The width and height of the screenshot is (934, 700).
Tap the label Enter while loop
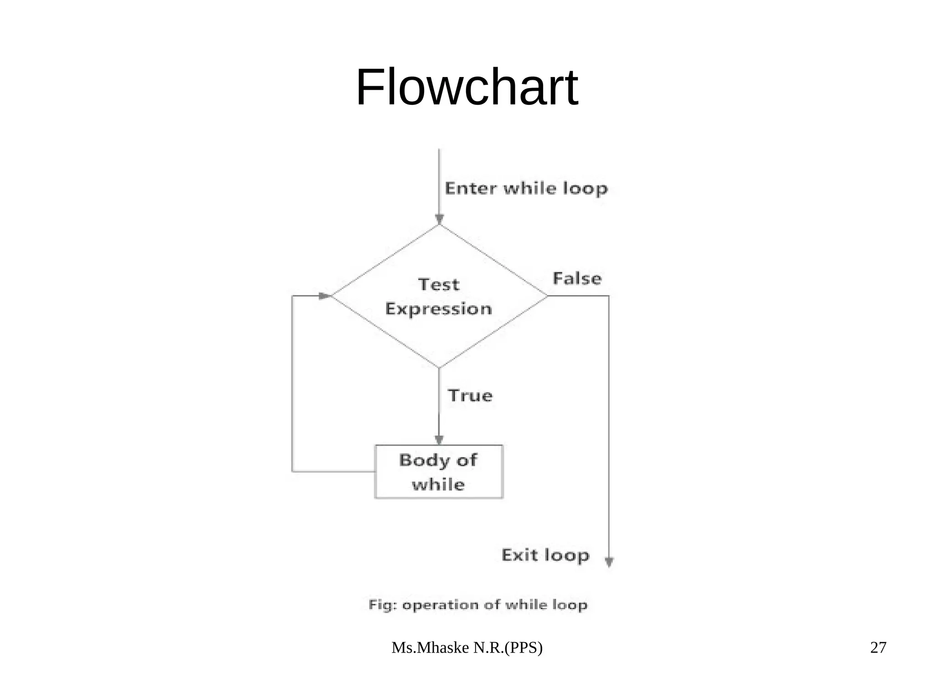point(526,188)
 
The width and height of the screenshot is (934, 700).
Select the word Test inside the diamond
point(439,285)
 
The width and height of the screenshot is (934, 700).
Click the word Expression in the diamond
point(439,309)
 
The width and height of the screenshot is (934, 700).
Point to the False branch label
point(577,279)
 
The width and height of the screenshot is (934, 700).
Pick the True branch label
point(470,395)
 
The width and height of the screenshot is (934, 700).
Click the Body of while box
point(439,472)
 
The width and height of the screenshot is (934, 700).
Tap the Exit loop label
point(545,555)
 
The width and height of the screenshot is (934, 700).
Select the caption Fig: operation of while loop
point(478,605)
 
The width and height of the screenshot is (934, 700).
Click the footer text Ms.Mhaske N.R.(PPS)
point(467,648)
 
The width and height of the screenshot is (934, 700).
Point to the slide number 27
point(878,648)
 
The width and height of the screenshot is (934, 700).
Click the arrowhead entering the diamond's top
point(439,219)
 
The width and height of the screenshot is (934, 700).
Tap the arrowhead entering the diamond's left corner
point(324,296)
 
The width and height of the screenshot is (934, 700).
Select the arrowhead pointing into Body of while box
point(439,440)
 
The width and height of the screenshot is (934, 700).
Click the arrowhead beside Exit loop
point(609,562)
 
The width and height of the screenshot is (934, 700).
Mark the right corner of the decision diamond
point(547,296)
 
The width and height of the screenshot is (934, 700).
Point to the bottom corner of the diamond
point(439,367)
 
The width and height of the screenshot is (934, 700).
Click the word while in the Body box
point(438,484)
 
